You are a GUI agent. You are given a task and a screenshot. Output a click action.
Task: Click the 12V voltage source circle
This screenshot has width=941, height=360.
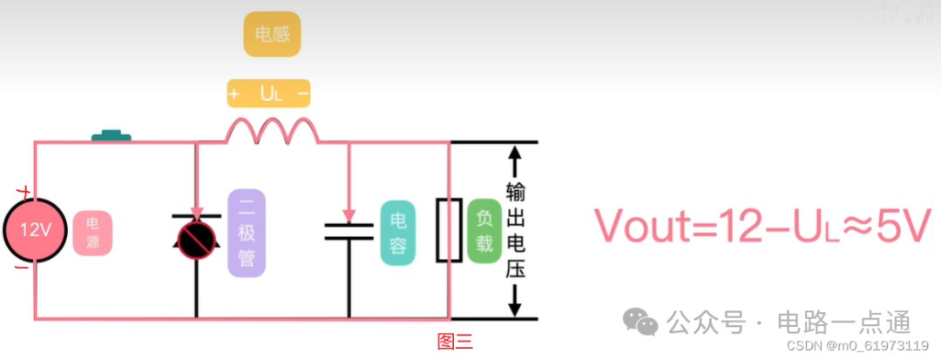tap(36, 230)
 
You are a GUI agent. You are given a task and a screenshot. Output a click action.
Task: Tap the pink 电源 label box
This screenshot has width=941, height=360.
tap(93, 234)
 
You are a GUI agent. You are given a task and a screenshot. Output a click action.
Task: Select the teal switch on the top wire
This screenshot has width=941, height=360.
tap(111, 135)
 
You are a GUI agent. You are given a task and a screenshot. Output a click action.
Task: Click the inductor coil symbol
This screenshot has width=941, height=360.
tap(273, 132)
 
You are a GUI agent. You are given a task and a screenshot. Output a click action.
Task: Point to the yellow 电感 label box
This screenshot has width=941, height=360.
tap(272, 34)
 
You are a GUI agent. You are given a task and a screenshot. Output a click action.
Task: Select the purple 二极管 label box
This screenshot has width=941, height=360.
tap(247, 233)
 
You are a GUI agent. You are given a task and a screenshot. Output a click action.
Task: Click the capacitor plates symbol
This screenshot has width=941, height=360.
tap(349, 232)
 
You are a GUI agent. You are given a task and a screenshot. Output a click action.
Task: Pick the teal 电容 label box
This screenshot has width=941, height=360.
tap(398, 233)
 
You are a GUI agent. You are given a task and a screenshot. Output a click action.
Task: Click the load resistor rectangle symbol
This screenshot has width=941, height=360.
tap(449, 229)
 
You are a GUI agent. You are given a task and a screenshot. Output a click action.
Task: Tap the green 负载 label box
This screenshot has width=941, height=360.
tap(484, 231)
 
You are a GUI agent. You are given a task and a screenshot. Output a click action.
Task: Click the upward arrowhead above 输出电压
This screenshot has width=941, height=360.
tap(514, 154)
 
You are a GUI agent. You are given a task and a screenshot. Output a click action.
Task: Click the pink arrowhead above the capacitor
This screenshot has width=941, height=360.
tap(349, 215)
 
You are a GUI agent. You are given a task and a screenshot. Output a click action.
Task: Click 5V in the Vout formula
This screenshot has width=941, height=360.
tap(905, 227)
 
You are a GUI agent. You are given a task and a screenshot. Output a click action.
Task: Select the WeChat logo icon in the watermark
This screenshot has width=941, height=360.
tap(640, 322)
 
